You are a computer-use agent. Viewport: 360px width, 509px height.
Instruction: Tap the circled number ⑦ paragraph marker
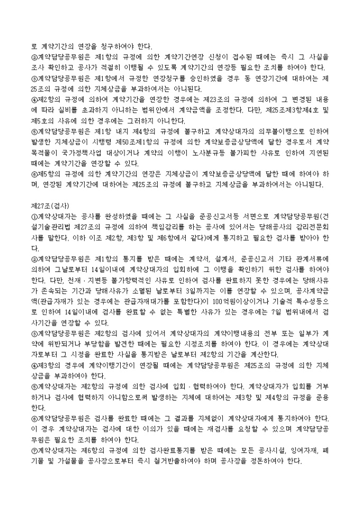pos(34,450)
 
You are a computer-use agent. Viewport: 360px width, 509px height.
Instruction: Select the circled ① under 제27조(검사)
pos(34,215)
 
